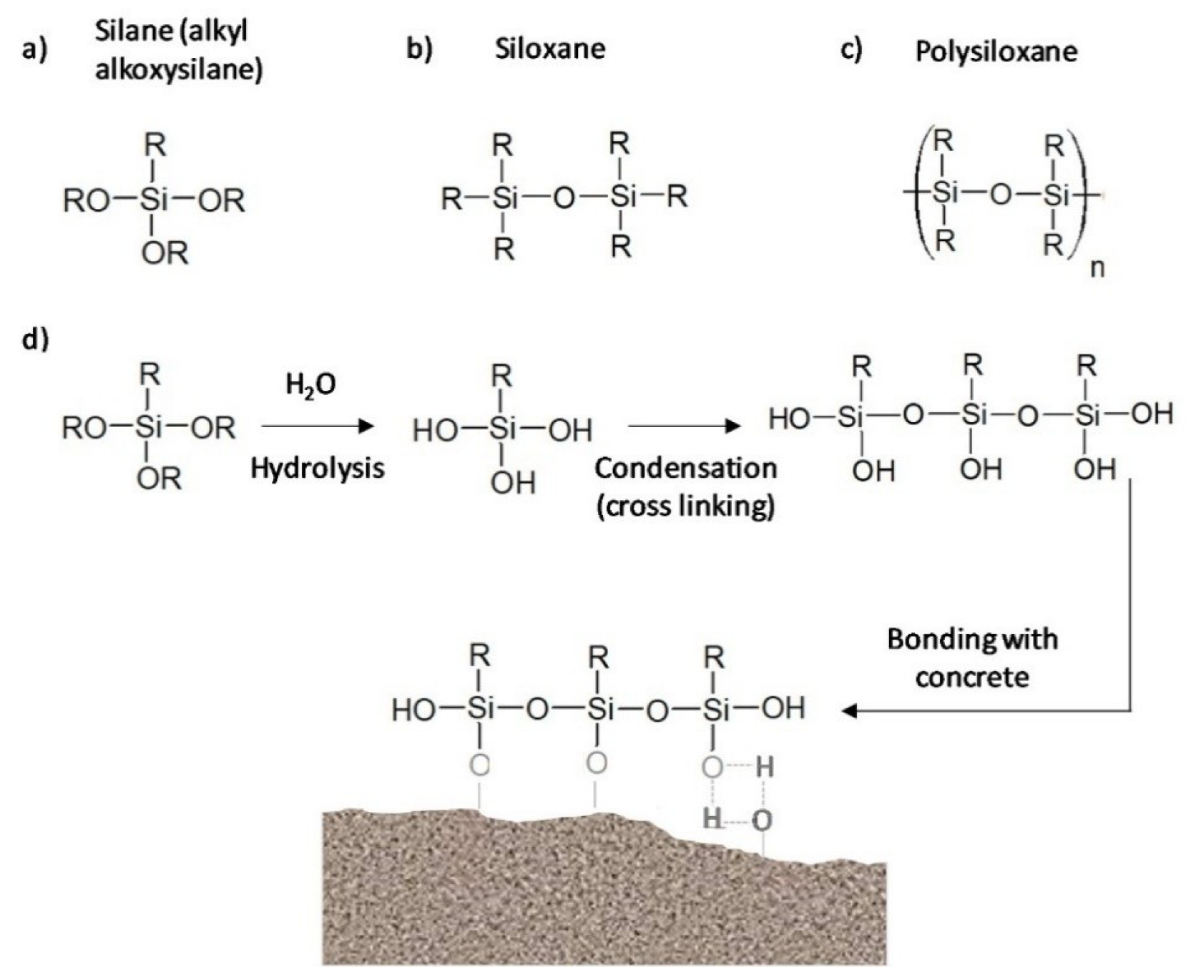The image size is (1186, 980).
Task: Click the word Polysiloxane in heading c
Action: coord(996,52)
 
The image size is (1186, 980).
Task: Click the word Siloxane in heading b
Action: coord(549,49)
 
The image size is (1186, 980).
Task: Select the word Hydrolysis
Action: coord(318,469)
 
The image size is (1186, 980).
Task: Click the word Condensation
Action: coord(685,469)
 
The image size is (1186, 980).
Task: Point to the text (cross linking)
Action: coord(685,506)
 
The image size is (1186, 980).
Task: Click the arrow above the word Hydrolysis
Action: coord(318,427)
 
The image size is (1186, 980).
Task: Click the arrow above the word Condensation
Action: coord(684,427)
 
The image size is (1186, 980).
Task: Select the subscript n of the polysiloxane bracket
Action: coord(1097,269)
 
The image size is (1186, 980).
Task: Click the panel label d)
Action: coord(36,339)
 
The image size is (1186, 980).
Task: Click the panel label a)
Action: coord(35,52)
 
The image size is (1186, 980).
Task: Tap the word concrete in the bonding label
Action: coord(971,677)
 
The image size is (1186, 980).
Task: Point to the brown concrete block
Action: coord(601,901)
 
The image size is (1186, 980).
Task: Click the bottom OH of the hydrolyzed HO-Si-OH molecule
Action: coord(513,484)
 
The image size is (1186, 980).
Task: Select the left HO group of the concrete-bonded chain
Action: coord(413,710)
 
